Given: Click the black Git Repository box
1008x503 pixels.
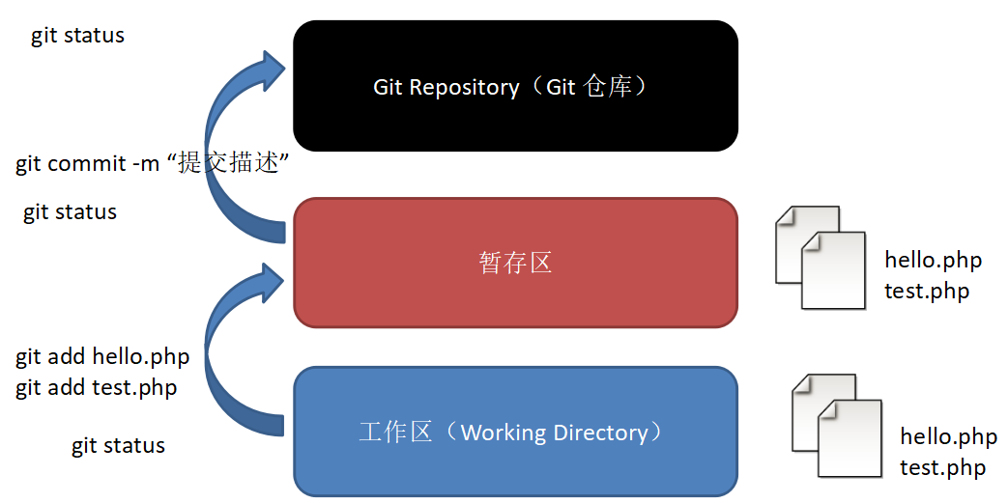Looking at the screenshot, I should [x=515, y=87].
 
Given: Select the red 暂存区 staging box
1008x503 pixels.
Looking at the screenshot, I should [x=515, y=263].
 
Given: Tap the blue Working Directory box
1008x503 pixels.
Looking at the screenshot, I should [x=515, y=432].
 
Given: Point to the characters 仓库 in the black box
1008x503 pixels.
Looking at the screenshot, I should [x=607, y=87].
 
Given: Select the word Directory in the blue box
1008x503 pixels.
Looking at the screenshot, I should [x=600, y=433].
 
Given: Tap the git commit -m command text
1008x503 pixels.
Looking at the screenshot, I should [x=91, y=164].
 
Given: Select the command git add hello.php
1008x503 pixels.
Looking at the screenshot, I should [x=102, y=357].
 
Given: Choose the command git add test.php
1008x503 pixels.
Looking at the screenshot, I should [x=96, y=388].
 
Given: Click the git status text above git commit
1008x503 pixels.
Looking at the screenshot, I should [x=77, y=36].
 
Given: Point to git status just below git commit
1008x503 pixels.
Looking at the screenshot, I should [x=70, y=212].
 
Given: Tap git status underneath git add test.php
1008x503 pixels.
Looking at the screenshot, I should [x=118, y=446].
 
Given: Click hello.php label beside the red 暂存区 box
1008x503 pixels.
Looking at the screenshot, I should [x=933, y=260].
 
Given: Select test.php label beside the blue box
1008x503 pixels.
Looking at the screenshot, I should [x=942, y=468].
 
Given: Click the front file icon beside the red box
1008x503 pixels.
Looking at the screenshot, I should [x=833, y=270].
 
